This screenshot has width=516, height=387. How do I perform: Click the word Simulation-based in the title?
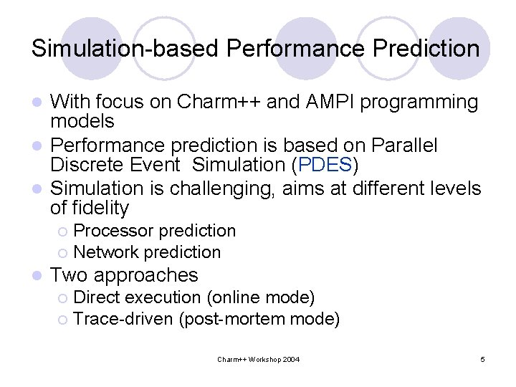[x=125, y=49]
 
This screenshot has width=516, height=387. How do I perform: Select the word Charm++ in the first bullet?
[x=208, y=102]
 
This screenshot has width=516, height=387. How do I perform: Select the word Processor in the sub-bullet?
[x=113, y=231]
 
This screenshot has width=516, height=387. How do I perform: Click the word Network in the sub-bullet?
[x=106, y=252]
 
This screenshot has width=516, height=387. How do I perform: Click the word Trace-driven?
[x=123, y=318]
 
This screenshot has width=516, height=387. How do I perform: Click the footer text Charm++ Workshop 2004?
[x=258, y=358]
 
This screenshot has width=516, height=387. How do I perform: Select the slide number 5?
[x=482, y=358]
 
